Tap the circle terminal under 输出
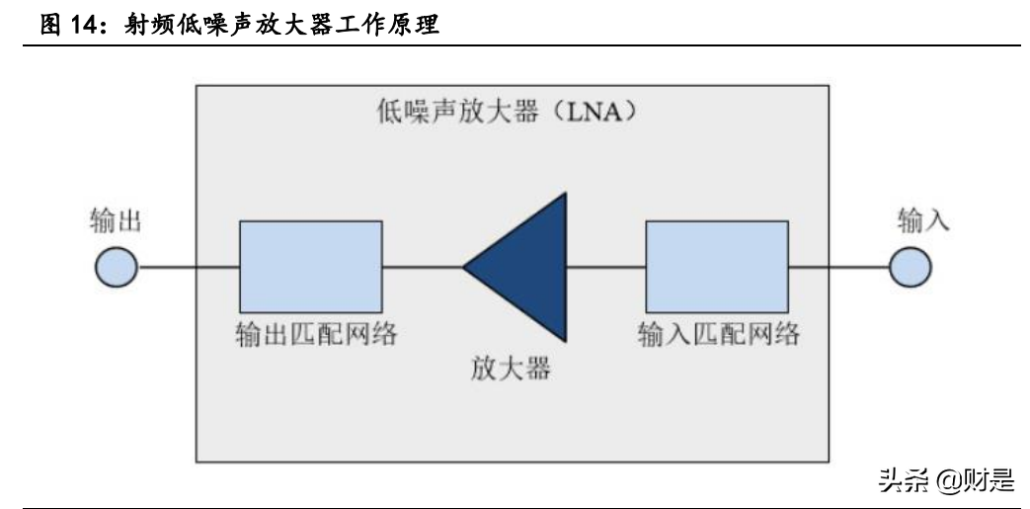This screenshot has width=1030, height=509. pos(116,267)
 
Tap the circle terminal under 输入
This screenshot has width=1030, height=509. pos(910,267)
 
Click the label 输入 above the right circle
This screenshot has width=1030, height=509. pos(923,220)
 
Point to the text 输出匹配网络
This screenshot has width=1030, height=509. pos(310,334)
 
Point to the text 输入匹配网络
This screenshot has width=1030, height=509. pos(716,334)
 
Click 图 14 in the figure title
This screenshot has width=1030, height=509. pos(74,27)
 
